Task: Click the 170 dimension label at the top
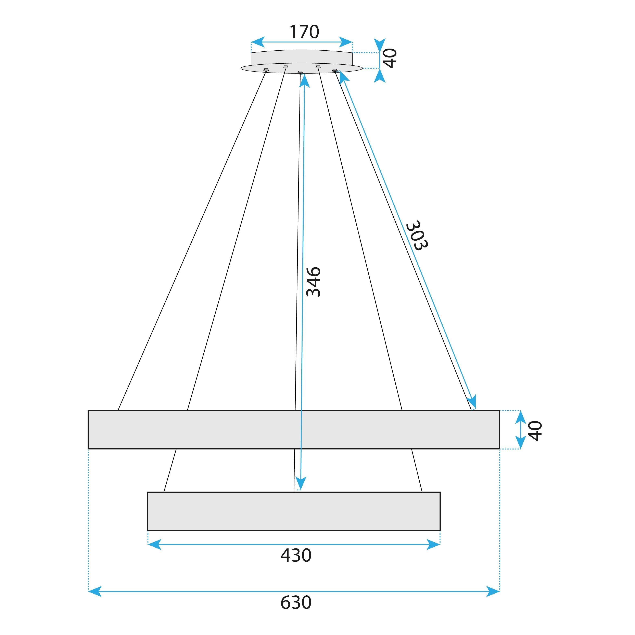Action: [304, 32]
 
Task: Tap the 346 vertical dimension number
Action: [313, 282]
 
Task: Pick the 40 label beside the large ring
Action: [535, 431]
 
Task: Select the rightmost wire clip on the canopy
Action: [335, 70]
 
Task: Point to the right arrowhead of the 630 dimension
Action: [493, 591]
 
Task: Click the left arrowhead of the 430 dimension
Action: [154, 544]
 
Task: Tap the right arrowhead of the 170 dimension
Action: [346, 42]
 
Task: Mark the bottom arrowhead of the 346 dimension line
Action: [300, 483]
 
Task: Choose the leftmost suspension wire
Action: [192, 240]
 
